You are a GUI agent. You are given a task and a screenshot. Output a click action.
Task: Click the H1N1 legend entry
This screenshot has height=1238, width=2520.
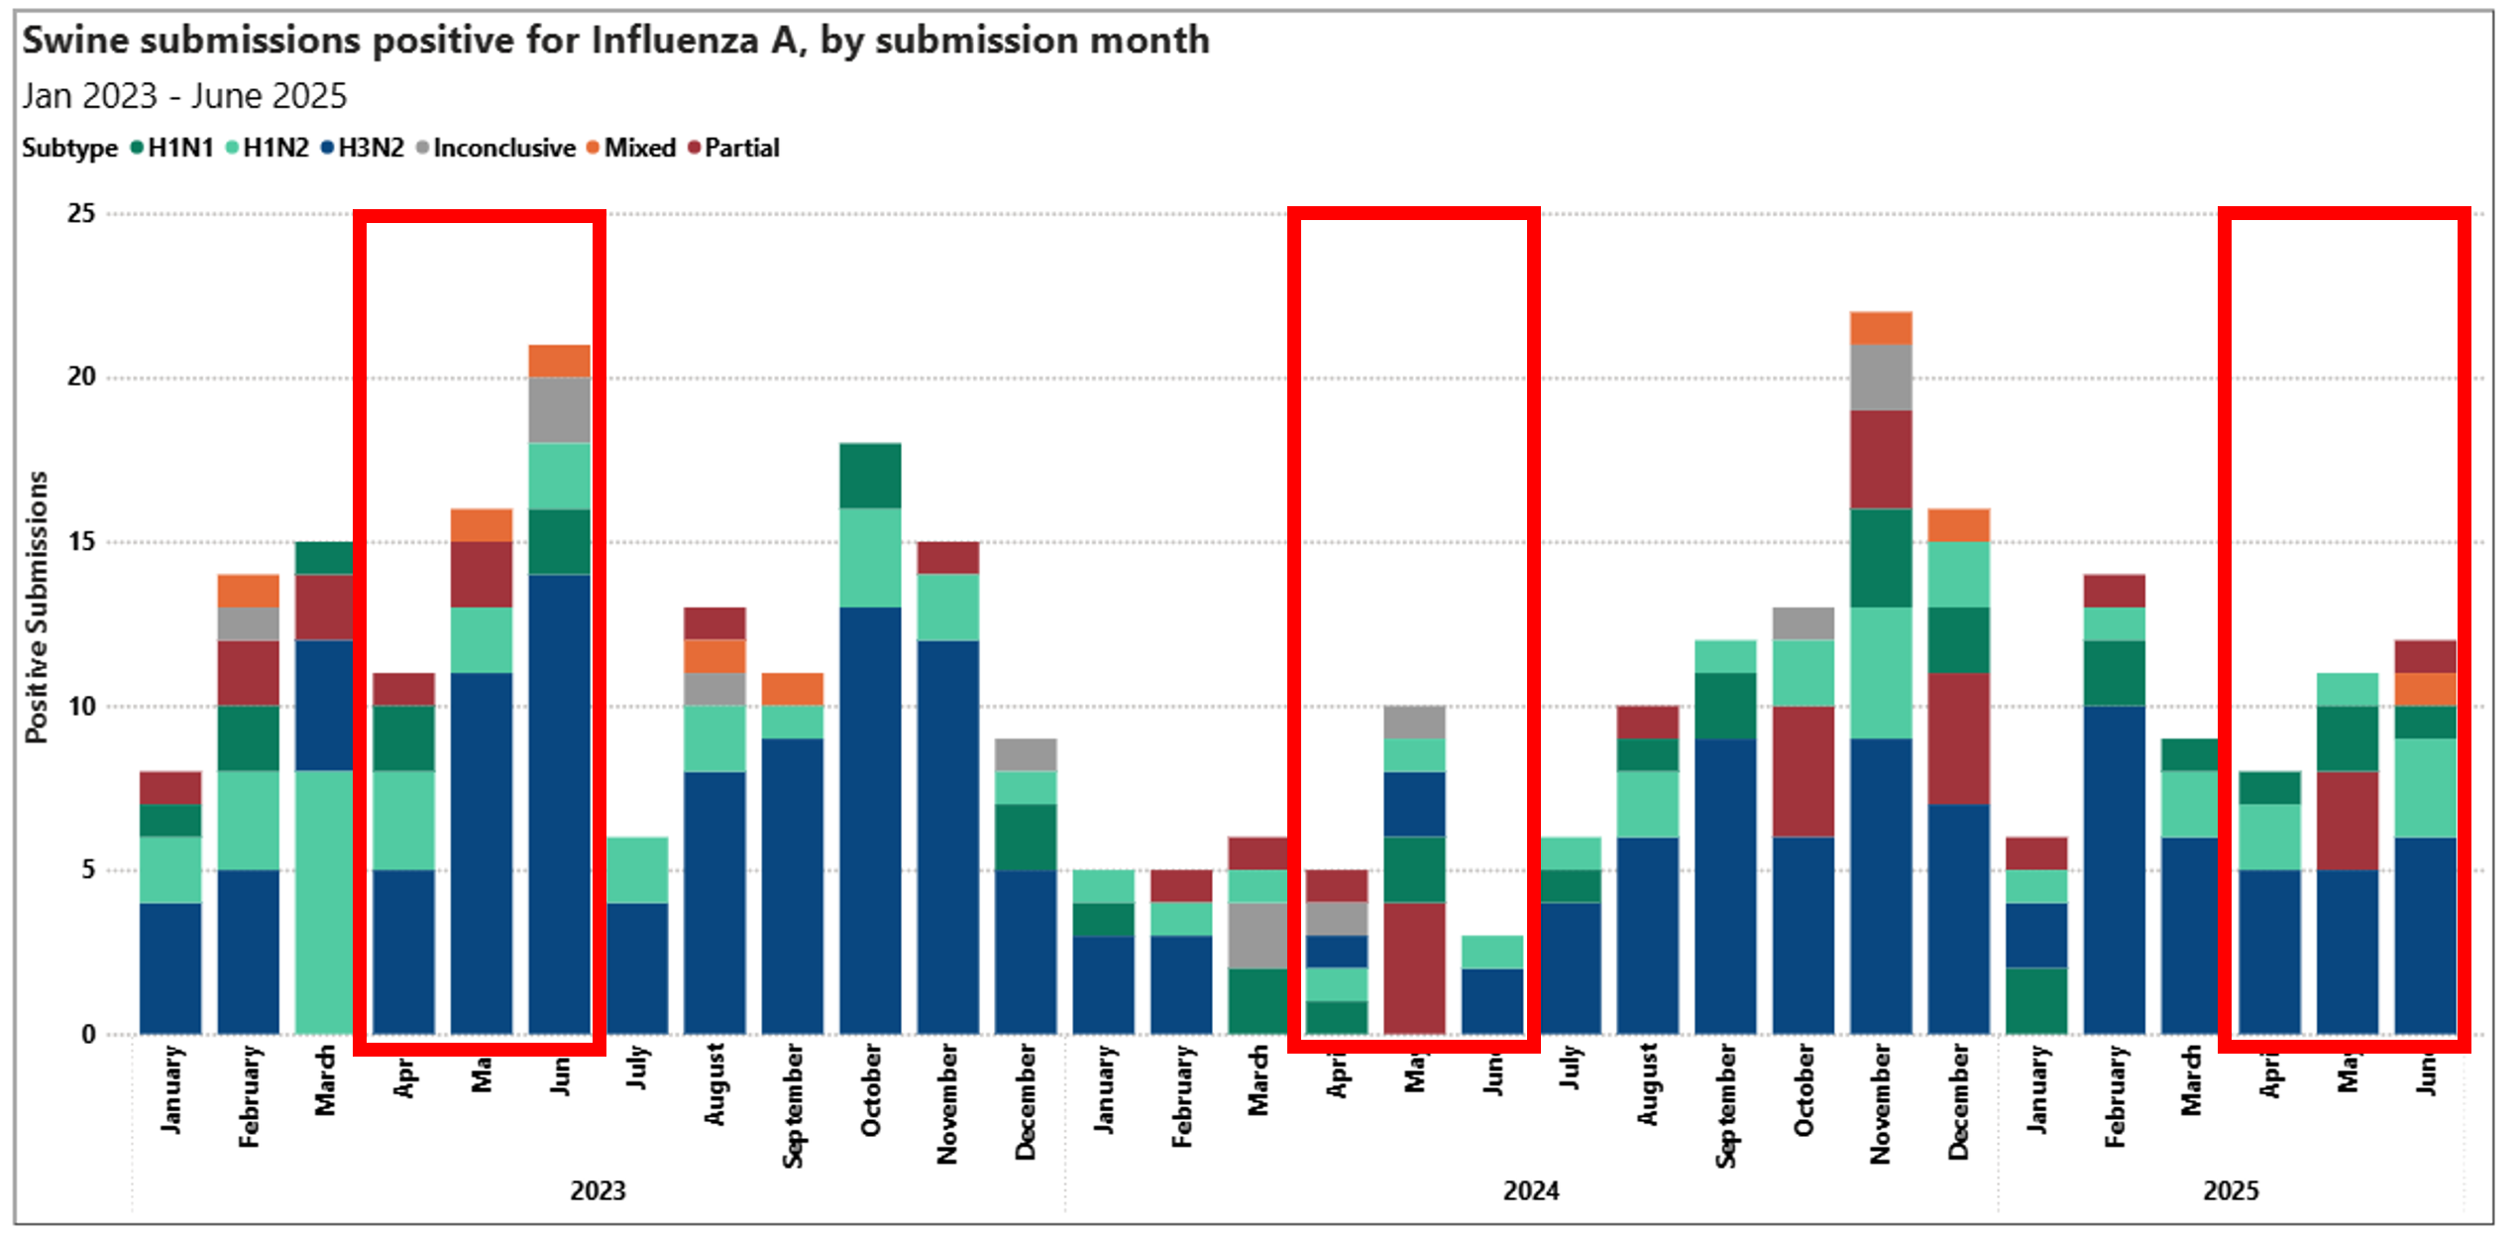(x=179, y=149)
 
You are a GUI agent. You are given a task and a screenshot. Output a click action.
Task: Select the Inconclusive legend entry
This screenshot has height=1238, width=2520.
(x=503, y=149)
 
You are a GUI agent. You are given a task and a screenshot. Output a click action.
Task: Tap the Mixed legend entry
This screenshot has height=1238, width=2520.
(x=639, y=149)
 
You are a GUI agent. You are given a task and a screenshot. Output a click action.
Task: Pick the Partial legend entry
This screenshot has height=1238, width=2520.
(x=741, y=149)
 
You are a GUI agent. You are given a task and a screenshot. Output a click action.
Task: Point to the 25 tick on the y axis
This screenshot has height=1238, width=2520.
(x=81, y=213)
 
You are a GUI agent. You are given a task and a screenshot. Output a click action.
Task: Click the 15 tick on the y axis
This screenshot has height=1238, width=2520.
(x=81, y=542)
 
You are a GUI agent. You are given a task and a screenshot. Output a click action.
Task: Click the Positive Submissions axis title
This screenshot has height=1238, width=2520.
(x=37, y=607)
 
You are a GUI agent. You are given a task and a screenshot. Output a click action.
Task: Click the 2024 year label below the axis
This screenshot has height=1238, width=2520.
(x=1530, y=1190)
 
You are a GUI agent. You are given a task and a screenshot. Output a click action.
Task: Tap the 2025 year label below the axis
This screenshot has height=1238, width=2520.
(x=2230, y=1190)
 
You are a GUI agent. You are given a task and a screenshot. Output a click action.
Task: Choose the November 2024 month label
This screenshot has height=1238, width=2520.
(x=1880, y=1103)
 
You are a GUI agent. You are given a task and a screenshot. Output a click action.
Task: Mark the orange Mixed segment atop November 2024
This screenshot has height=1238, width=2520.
(x=1881, y=328)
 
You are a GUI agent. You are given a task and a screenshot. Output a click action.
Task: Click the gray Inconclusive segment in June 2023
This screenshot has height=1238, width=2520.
(x=559, y=410)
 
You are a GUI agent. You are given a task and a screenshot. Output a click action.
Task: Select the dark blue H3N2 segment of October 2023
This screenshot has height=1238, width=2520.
(x=870, y=821)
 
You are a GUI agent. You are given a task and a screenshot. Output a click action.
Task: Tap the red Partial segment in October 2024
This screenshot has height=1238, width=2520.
(x=1803, y=771)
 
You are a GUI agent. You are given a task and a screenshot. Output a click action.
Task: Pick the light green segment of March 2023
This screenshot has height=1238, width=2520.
(x=325, y=902)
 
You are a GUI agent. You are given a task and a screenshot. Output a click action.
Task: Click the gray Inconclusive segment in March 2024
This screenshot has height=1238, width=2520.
(x=1258, y=935)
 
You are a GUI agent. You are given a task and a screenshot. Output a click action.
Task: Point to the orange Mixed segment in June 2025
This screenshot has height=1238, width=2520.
(x=2425, y=690)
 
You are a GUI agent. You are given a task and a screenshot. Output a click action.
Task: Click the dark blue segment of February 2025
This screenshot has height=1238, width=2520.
(x=2114, y=870)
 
